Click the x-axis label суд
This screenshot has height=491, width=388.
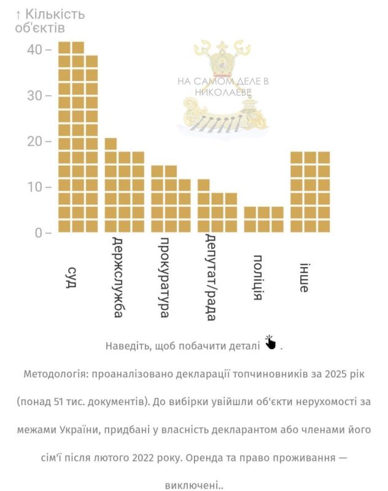click(x=72, y=278)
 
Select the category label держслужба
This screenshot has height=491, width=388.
click(x=118, y=277)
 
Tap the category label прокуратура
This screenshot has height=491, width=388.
click(x=164, y=277)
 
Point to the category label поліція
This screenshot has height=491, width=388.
click(x=258, y=277)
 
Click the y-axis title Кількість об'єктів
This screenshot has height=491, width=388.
click(x=50, y=20)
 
